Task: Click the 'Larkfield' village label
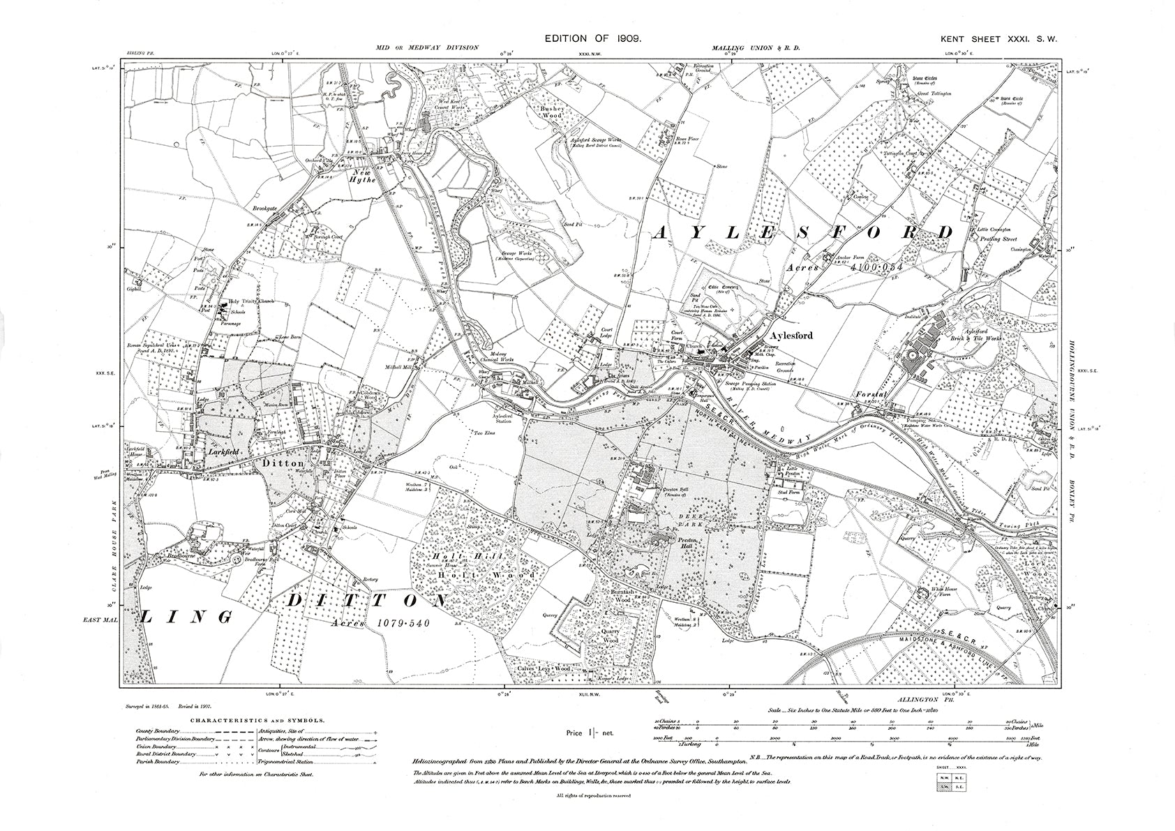[x=222, y=452]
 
